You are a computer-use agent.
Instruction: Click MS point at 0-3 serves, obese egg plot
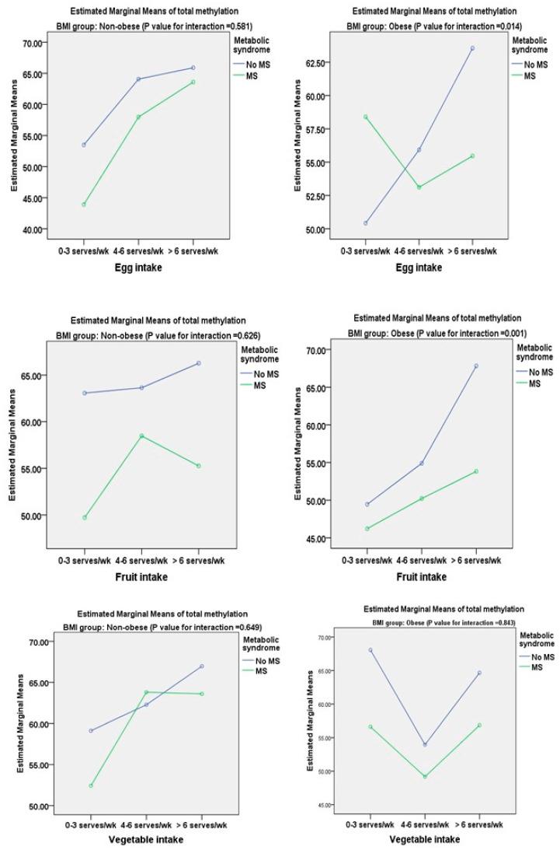[365, 117]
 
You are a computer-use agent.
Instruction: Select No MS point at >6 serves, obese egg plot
[472, 48]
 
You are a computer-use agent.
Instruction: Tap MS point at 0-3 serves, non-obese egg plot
[84, 205]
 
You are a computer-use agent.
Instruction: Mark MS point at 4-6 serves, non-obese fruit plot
[141, 435]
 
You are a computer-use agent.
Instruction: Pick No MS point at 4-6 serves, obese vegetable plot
[425, 744]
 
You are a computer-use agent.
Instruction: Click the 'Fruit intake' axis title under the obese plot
[420, 577]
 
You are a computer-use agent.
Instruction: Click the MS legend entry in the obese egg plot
[530, 75]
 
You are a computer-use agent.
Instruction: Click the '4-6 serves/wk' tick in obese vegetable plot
[425, 824]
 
